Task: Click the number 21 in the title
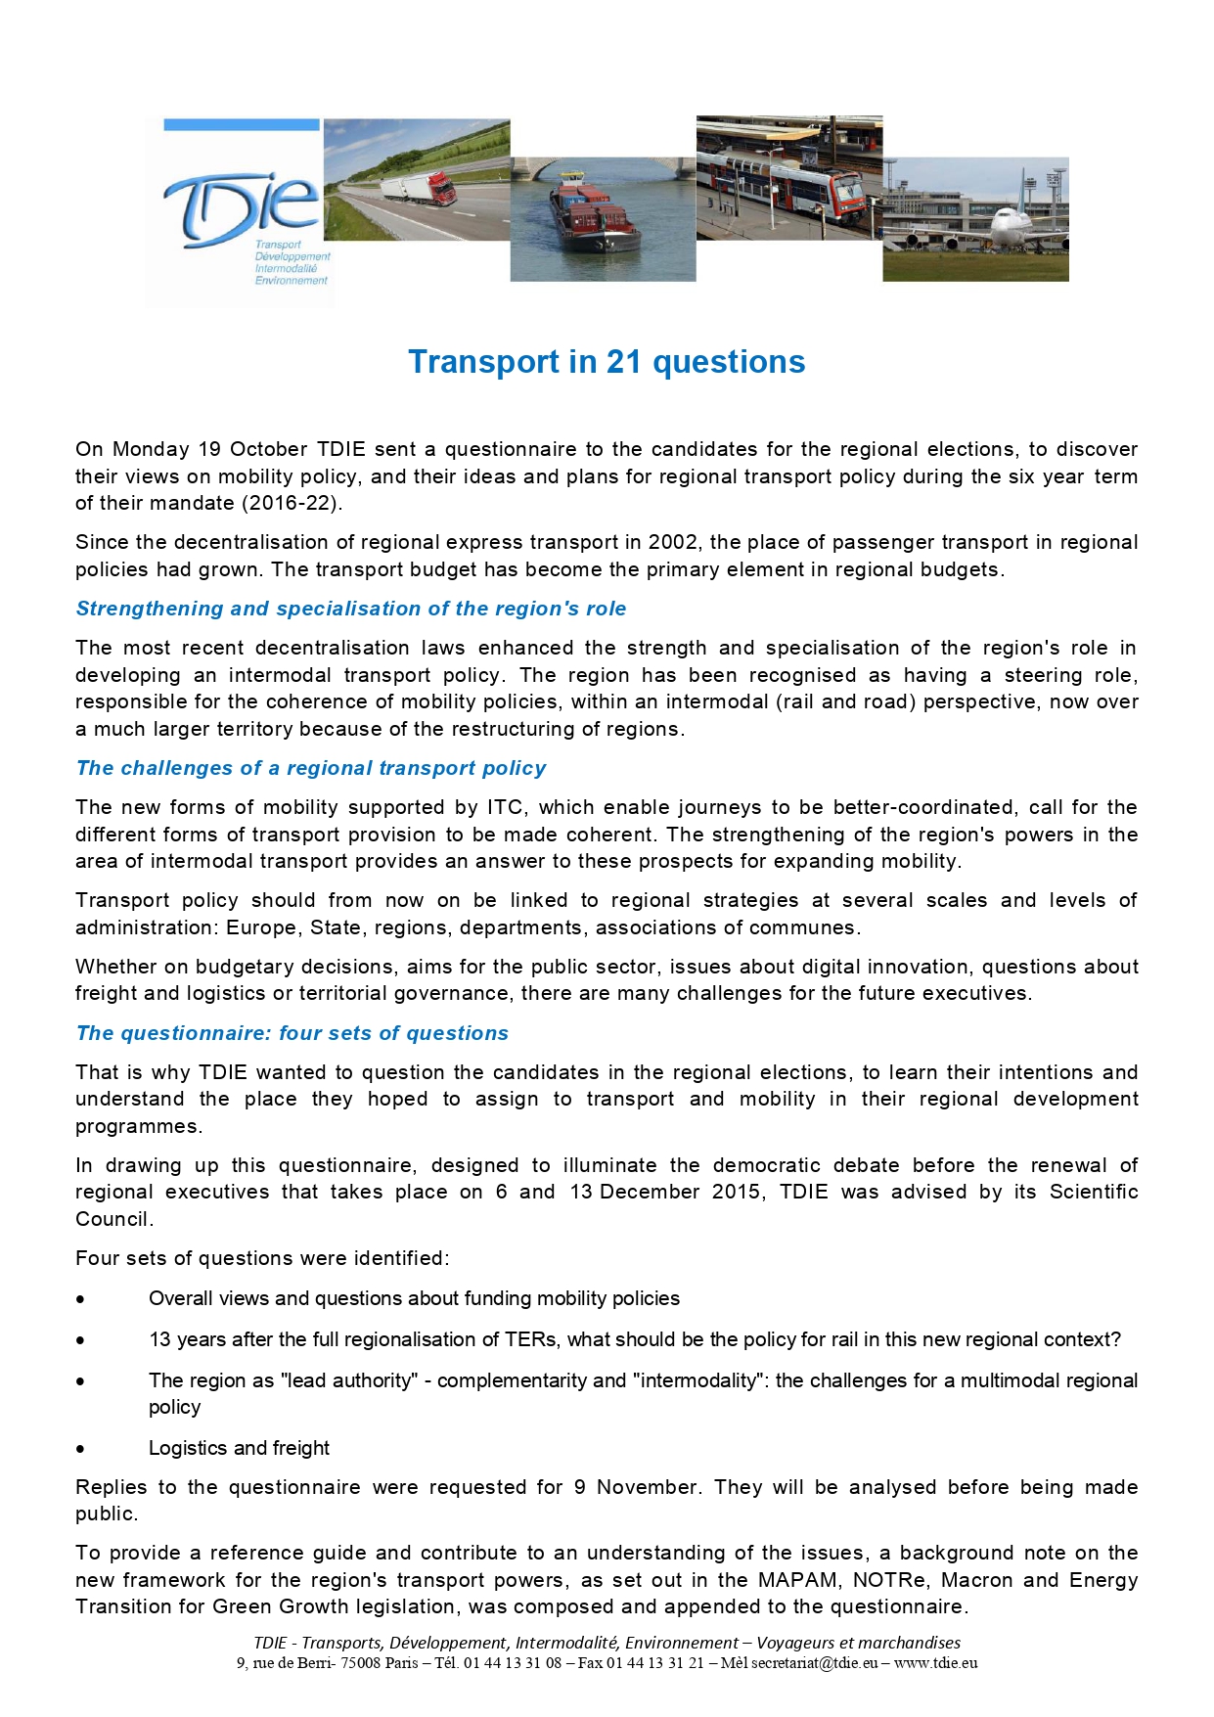pyautogui.click(x=623, y=362)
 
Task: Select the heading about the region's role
pyautogui.click(x=350, y=609)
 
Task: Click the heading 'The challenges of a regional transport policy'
pyautogui.click(x=311, y=768)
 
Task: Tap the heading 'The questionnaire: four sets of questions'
pyautogui.click(x=292, y=1033)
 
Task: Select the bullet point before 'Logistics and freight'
pyautogui.click(x=80, y=1449)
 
